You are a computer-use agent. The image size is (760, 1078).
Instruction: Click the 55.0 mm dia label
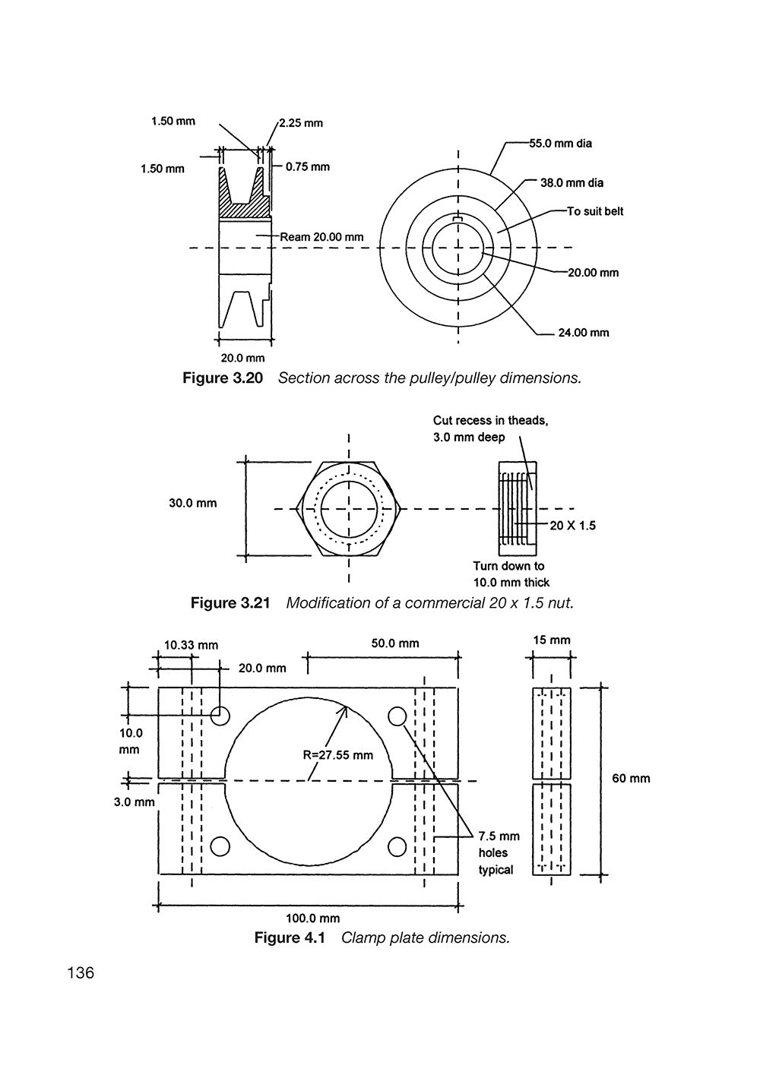(x=561, y=144)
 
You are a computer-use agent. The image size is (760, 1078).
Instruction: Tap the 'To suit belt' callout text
(x=594, y=211)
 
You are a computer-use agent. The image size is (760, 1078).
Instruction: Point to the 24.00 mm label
(x=583, y=333)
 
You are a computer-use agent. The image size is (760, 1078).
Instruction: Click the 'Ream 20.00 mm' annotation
(x=321, y=237)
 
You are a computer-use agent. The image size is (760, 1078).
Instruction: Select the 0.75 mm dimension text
(x=307, y=167)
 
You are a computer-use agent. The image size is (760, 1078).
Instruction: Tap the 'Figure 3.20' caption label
(x=223, y=378)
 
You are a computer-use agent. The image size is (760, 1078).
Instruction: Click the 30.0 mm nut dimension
(x=192, y=503)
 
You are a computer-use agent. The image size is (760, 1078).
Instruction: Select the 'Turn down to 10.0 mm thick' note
(x=511, y=574)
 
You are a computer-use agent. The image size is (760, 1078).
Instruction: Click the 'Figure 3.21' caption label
(x=230, y=603)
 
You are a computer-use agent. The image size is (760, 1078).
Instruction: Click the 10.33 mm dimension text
(x=191, y=645)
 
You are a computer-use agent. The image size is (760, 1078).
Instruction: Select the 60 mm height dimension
(x=631, y=779)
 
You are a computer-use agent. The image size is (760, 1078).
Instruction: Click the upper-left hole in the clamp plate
(x=220, y=715)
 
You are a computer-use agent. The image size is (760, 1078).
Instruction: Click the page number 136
(x=81, y=973)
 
